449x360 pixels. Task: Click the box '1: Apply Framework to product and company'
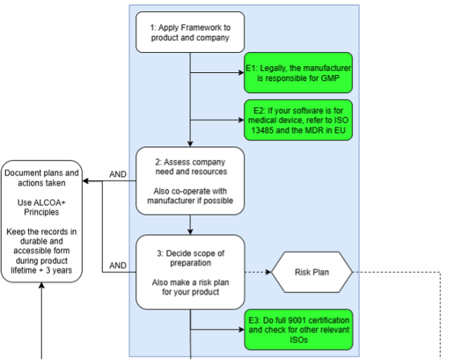(x=190, y=33)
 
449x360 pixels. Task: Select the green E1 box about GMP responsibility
(x=298, y=73)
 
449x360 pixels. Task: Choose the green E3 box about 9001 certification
(x=298, y=330)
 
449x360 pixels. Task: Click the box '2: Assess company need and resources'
(x=190, y=181)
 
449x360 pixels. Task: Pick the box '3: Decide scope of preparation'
(x=190, y=271)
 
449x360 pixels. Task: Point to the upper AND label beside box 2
(x=118, y=175)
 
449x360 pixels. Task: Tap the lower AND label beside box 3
(x=118, y=265)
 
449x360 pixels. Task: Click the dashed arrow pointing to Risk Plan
(x=256, y=272)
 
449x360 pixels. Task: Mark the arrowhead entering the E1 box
(x=241, y=73)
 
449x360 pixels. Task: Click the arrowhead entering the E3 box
(x=241, y=330)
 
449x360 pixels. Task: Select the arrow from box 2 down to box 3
(x=190, y=223)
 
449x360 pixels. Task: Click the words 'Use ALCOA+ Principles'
(x=42, y=208)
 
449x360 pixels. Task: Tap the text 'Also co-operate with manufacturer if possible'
(x=190, y=196)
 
